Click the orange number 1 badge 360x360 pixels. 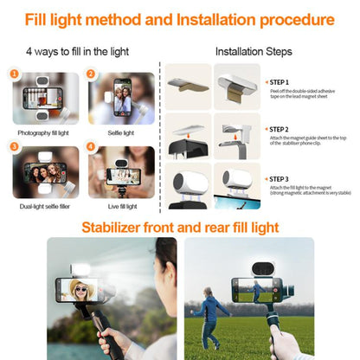click(x=14, y=74)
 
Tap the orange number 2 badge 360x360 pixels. click(x=92, y=74)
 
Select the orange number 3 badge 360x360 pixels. click(x=14, y=147)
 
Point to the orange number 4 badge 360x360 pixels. click(x=92, y=147)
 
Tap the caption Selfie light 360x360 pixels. click(x=121, y=133)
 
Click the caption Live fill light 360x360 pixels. click(x=122, y=207)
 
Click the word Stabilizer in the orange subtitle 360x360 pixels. click(x=112, y=228)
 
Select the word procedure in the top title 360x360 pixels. click(x=286, y=18)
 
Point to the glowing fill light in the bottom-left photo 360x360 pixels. click(x=85, y=266)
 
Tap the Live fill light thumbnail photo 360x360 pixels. click(x=122, y=172)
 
